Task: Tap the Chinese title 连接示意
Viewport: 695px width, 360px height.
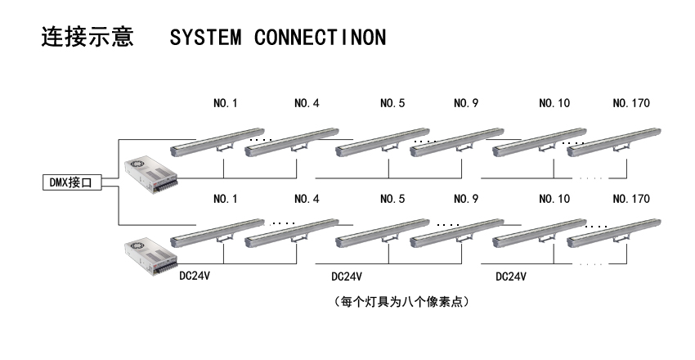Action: [x=87, y=38]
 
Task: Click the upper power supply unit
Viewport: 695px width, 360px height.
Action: [x=150, y=174]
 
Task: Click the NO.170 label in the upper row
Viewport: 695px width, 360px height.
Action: [x=631, y=104]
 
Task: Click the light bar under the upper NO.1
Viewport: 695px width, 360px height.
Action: [x=216, y=142]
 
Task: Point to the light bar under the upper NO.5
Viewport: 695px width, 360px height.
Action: [x=383, y=142]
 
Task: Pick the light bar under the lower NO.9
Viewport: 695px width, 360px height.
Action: [x=456, y=233]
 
